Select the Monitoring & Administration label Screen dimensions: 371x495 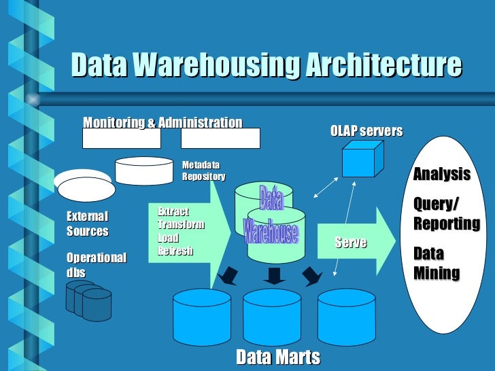(x=163, y=123)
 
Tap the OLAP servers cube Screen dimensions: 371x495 (x=358, y=161)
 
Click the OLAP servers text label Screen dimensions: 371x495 (x=366, y=130)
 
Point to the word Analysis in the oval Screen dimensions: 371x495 (x=441, y=174)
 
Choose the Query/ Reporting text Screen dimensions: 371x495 (x=446, y=214)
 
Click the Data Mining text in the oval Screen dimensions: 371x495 (x=436, y=264)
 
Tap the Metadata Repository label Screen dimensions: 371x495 (x=203, y=171)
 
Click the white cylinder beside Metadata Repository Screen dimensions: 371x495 (x=144, y=171)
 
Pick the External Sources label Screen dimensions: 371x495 (x=87, y=224)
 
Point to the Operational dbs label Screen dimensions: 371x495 (x=96, y=265)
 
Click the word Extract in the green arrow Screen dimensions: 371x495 (x=173, y=212)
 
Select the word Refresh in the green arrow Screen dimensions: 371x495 (x=175, y=251)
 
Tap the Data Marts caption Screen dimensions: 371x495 (x=277, y=357)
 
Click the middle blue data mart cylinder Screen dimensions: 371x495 (x=272, y=316)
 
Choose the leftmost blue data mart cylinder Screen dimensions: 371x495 (x=202, y=316)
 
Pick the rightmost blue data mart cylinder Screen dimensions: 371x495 (x=346, y=316)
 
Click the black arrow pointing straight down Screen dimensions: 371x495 (x=273, y=275)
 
